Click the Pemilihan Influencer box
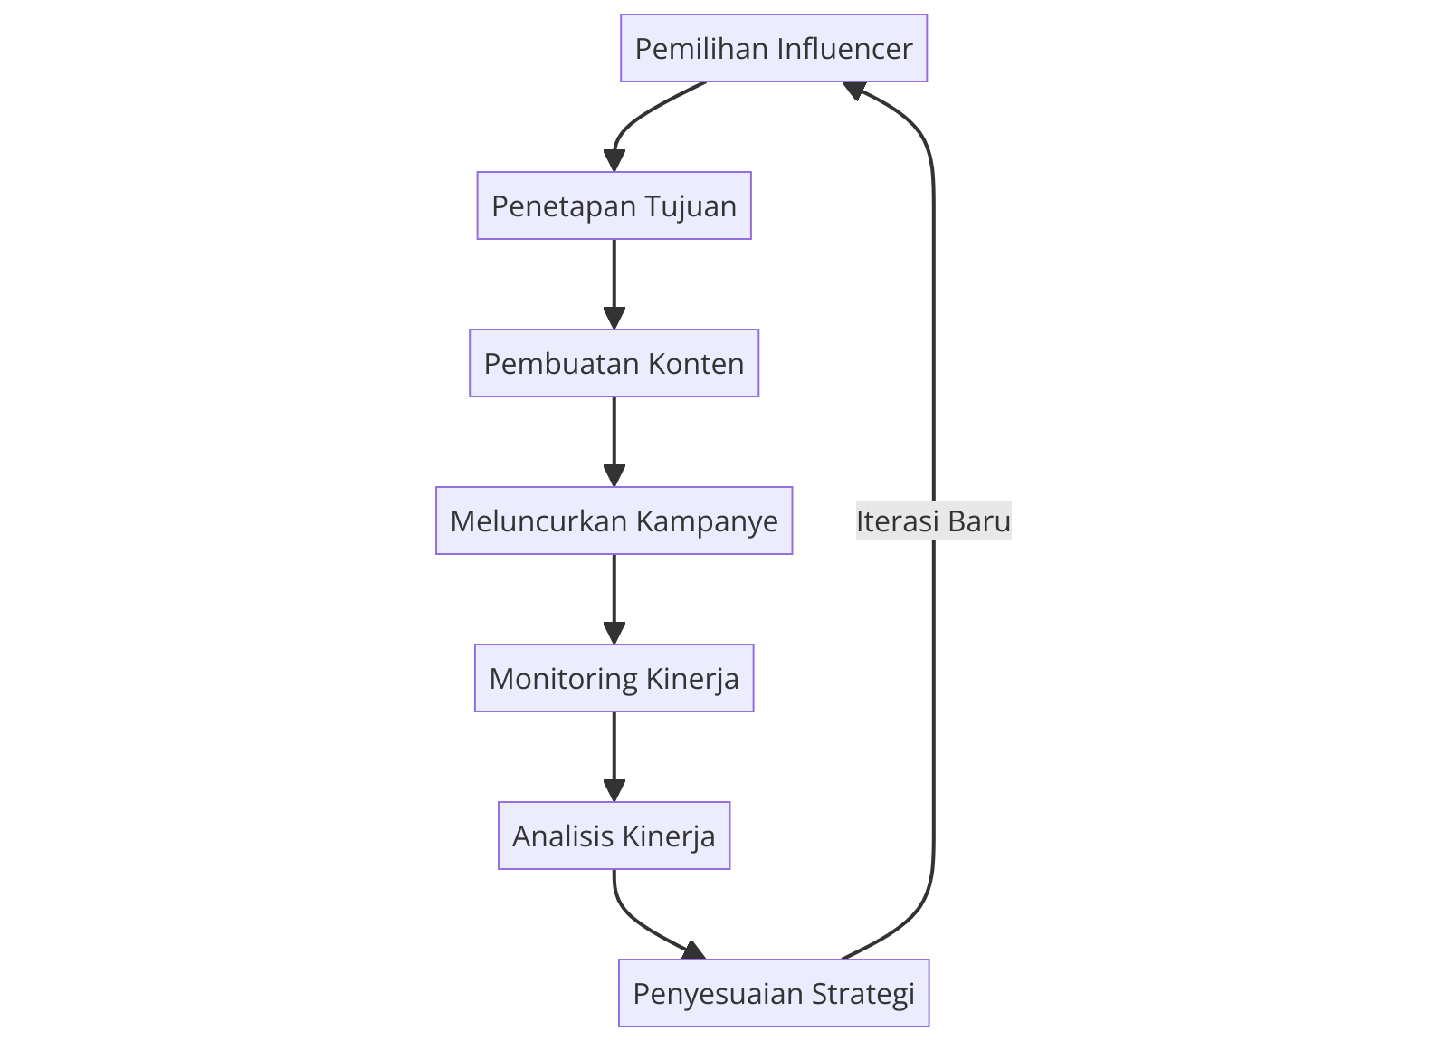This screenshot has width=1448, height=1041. point(774,48)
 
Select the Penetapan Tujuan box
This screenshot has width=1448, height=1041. point(614,205)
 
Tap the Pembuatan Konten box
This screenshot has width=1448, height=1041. point(614,363)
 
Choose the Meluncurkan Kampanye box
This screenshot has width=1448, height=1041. point(614,520)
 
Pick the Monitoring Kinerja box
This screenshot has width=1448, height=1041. point(614,678)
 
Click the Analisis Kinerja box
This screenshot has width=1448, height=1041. point(614,836)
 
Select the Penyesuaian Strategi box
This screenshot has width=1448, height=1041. point(774,993)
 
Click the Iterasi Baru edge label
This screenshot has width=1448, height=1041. point(933,521)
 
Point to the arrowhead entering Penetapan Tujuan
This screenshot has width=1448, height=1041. point(614,161)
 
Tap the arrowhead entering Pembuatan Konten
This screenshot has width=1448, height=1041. point(614,319)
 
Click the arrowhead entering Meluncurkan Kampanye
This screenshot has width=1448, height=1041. point(614,476)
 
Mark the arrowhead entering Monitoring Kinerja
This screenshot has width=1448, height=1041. point(614,634)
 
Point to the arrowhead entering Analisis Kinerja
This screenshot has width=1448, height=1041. point(614,791)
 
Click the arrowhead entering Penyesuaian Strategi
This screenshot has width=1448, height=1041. point(694,950)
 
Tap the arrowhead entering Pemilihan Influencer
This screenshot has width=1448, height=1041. point(853,89)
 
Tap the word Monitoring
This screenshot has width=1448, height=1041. point(563,679)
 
